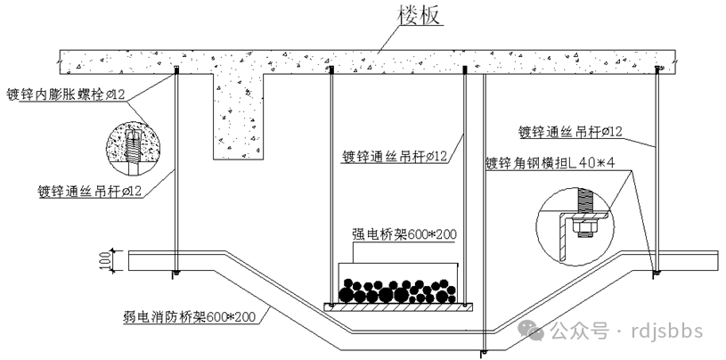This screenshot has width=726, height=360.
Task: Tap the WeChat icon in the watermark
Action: coord(534,331)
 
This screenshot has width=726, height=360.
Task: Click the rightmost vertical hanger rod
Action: coord(657,169)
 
